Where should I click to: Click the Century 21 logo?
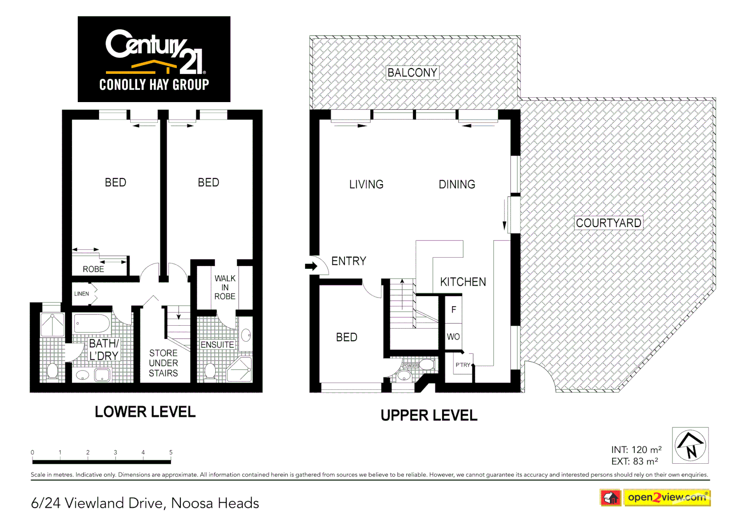click(x=154, y=59)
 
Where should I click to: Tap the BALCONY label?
click(x=412, y=72)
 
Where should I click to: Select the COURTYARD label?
click(x=608, y=223)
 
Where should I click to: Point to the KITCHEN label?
click(x=463, y=282)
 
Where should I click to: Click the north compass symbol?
click(x=690, y=445)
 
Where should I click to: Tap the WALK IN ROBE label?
click(x=225, y=287)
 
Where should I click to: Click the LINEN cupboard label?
click(x=82, y=294)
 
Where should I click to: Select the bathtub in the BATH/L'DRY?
click(x=92, y=323)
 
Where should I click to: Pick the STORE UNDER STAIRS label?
click(x=163, y=363)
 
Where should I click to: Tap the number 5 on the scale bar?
click(x=171, y=453)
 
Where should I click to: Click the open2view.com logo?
click(x=667, y=497)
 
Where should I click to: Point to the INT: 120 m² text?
click(x=636, y=450)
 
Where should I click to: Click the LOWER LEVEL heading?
click(x=145, y=412)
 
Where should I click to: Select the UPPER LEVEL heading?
click(x=429, y=416)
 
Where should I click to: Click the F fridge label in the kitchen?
click(x=454, y=310)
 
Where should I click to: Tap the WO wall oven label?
click(x=453, y=336)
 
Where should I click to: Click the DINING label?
click(x=457, y=185)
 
